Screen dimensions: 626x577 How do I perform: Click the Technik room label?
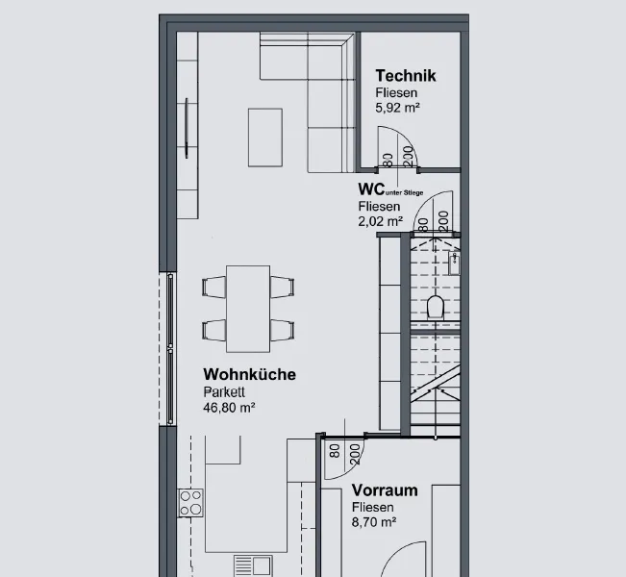[406, 76]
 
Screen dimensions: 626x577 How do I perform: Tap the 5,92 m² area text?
[397, 108]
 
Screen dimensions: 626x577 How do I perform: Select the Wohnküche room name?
[249, 374]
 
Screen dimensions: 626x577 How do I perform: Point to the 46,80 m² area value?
[229, 408]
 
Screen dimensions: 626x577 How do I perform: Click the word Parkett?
[224, 392]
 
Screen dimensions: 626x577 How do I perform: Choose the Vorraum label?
[385, 490]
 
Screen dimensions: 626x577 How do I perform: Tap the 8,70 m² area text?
[374, 522]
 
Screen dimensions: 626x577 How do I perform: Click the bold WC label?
[371, 188]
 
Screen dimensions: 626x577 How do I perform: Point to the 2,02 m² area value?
[380, 221]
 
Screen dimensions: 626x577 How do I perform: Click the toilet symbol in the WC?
[436, 307]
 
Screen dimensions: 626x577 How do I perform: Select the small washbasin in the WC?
[454, 263]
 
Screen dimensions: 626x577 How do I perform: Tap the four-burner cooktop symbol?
[190, 503]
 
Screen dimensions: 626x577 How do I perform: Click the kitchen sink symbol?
[253, 565]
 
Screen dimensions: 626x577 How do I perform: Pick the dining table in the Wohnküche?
[248, 309]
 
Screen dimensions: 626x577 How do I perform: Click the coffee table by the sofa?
[265, 138]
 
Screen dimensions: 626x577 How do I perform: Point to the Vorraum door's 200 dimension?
[355, 455]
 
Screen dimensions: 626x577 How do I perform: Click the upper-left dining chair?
[214, 288]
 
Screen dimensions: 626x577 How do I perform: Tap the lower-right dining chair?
[283, 330]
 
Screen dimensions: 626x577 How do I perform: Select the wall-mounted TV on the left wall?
[187, 128]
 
